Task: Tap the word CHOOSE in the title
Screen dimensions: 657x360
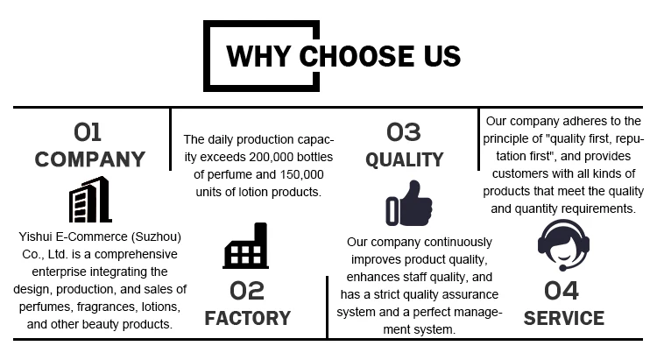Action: pos(350,56)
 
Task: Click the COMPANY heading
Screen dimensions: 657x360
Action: pos(89,159)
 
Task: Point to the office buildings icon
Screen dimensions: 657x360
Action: pos(89,200)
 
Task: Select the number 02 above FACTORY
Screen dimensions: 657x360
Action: pos(248,290)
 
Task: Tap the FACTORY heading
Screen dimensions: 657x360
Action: pos(248,317)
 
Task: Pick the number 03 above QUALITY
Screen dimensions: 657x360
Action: pos(404,132)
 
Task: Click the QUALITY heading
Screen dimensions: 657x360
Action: pos(405,159)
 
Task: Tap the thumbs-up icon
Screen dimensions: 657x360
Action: pos(408,203)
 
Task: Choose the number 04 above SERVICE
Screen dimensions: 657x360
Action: pos(562,290)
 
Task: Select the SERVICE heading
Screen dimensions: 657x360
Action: pos(563,317)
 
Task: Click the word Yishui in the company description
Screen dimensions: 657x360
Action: pos(35,234)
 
